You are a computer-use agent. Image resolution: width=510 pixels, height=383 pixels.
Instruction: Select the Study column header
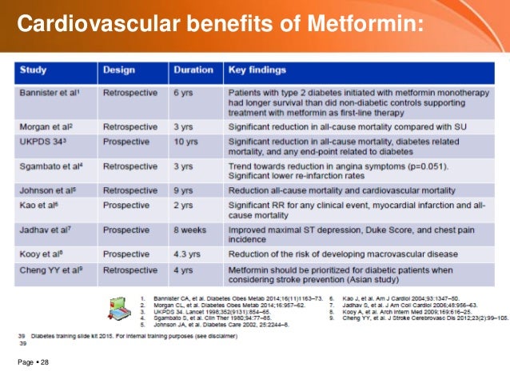pos(34,70)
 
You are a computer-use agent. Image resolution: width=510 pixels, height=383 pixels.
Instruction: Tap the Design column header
pos(117,70)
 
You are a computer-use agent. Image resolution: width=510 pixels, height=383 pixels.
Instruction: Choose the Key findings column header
pos(257,70)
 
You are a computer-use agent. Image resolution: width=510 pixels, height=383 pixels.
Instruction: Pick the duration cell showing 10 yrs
pos(188,141)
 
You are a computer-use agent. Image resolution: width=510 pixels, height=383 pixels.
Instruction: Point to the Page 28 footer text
pos(33,364)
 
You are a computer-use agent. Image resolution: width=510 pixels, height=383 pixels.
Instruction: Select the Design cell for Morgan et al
pos(132,126)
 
